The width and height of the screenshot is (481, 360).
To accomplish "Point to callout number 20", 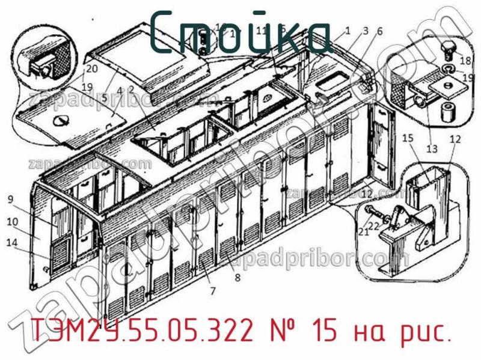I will pyautogui.click(x=91, y=68).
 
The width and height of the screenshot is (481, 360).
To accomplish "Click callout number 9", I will pyautogui.click(x=11, y=200).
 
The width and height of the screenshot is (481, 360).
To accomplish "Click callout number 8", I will pyautogui.click(x=237, y=277).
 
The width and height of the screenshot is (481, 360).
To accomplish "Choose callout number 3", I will pyautogui.click(x=365, y=31).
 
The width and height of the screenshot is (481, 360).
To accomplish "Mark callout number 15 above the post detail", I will pyautogui.click(x=408, y=139).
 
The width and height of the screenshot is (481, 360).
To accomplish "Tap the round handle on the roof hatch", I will pyautogui.click(x=60, y=121).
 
